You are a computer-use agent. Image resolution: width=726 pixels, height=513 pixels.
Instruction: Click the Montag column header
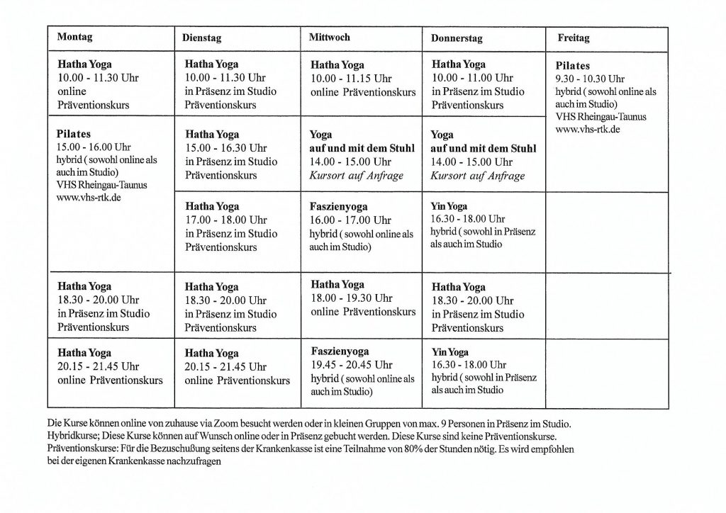click(75, 36)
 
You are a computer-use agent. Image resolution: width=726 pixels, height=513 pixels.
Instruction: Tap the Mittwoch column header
click(330, 37)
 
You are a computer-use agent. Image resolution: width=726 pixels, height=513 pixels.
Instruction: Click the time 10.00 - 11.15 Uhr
click(352, 78)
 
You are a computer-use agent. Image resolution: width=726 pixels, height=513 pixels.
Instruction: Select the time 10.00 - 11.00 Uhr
click(472, 78)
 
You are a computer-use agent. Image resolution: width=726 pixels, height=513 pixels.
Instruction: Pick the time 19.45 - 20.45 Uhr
click(351, 365)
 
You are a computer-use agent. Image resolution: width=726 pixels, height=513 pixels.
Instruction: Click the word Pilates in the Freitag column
click(573, 66)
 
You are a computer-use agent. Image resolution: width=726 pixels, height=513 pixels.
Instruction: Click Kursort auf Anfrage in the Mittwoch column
click(347, 175)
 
